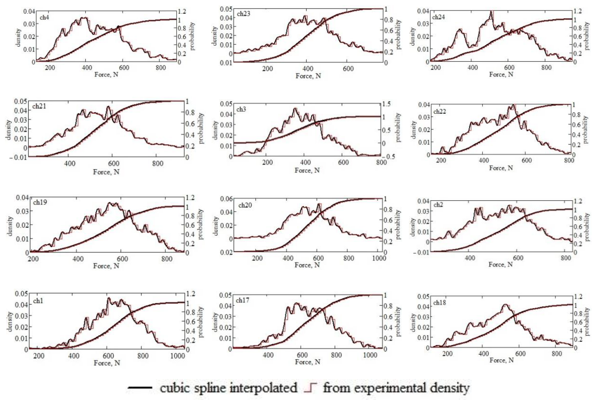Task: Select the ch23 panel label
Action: [243, 14]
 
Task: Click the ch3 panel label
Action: [241, 109]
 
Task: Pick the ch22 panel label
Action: [440, 111]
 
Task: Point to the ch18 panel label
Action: [440, 303]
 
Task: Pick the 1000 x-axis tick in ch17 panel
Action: [370, 355]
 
